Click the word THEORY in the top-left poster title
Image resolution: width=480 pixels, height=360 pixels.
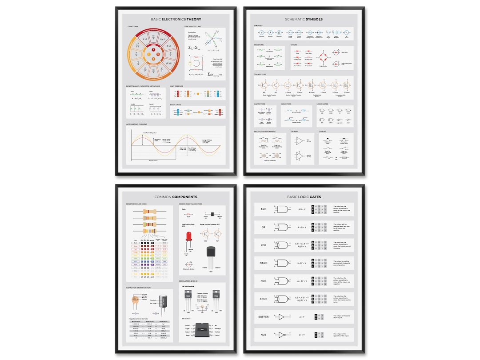click(x=194, y=20)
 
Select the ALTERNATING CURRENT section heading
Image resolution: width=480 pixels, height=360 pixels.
click(x=136, y=124)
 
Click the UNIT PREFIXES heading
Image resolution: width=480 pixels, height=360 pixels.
click(x=176, y=86)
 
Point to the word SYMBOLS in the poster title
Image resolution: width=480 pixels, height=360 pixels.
click(x=314, y=20)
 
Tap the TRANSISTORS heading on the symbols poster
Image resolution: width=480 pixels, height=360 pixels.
click(x=260, y=75)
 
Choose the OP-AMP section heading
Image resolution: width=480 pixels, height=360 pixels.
click(x=295, y=132)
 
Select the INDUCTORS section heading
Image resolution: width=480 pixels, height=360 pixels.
click(x=286, y=104)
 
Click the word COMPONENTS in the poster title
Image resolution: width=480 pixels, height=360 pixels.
click(x=185, y=196)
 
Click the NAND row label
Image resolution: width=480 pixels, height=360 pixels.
click(x=264, y=263)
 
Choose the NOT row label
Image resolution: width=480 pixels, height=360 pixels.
click(x=264, y=335)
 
